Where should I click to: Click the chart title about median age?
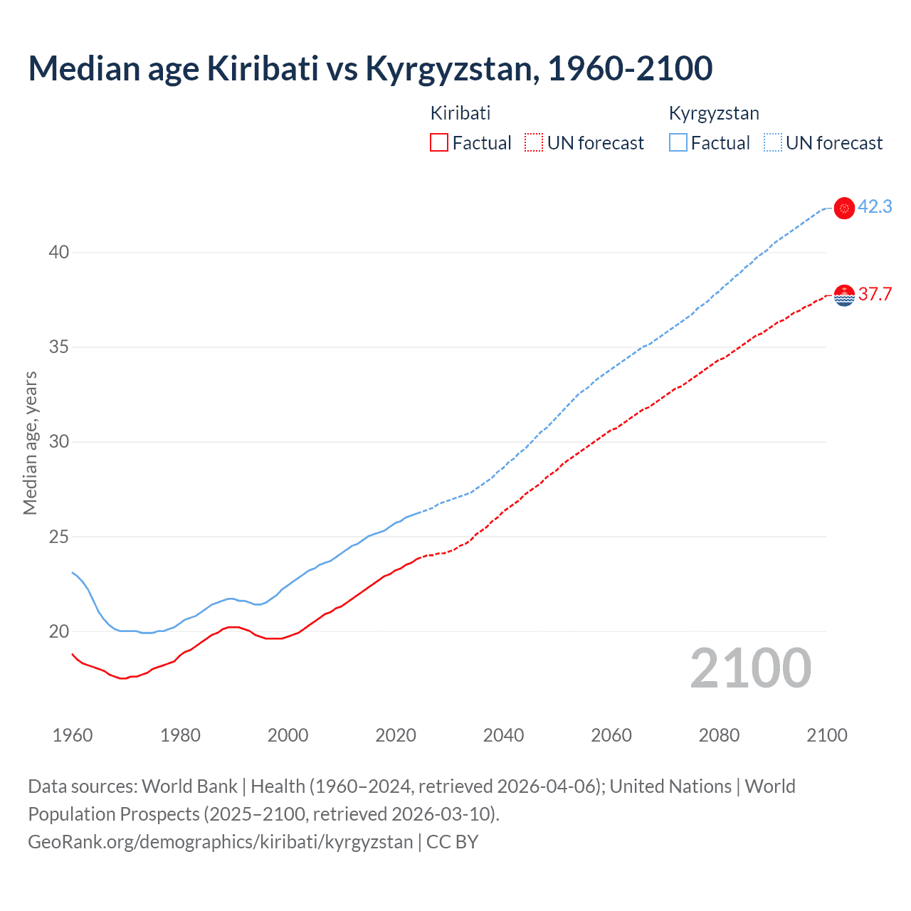370,69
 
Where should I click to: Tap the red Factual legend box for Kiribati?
439,143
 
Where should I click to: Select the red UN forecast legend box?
534,143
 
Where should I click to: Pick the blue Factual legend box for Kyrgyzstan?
678,143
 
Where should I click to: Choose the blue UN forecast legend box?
773,143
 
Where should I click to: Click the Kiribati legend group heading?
460,113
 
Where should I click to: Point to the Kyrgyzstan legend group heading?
714,113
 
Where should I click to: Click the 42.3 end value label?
875,207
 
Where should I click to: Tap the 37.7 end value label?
875,295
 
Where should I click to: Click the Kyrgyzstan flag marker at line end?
844,209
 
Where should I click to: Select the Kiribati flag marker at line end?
844,295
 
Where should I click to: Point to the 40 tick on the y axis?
60,253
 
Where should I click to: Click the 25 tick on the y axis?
60,537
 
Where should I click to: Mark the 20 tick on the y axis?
60,631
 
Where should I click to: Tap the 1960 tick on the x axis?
73,735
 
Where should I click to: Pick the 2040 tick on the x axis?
503,735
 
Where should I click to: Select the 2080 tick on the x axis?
719,735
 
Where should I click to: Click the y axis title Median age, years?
30,443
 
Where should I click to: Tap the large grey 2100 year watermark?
750,668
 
